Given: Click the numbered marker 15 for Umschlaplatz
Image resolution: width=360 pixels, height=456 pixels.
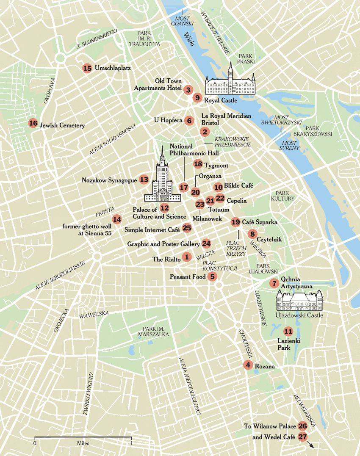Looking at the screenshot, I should tap(88, 68).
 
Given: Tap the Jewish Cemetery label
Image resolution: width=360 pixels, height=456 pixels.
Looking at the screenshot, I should tap(62, 126).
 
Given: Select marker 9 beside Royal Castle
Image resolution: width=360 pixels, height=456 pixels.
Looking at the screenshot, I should tap(197, 98).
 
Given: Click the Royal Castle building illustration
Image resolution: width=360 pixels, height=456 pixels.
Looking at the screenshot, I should tap(230, 83).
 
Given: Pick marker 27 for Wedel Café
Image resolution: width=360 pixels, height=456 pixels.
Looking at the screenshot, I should tap(302, 437).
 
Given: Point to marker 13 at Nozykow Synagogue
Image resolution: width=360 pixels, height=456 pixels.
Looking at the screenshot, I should tap(144, 180).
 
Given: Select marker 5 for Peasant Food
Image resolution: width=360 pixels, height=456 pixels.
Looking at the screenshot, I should tap(213, 276).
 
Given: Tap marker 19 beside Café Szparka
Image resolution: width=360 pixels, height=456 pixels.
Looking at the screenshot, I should tap(236, 222).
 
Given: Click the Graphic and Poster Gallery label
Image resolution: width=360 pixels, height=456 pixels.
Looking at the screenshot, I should tap(163, 244).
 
